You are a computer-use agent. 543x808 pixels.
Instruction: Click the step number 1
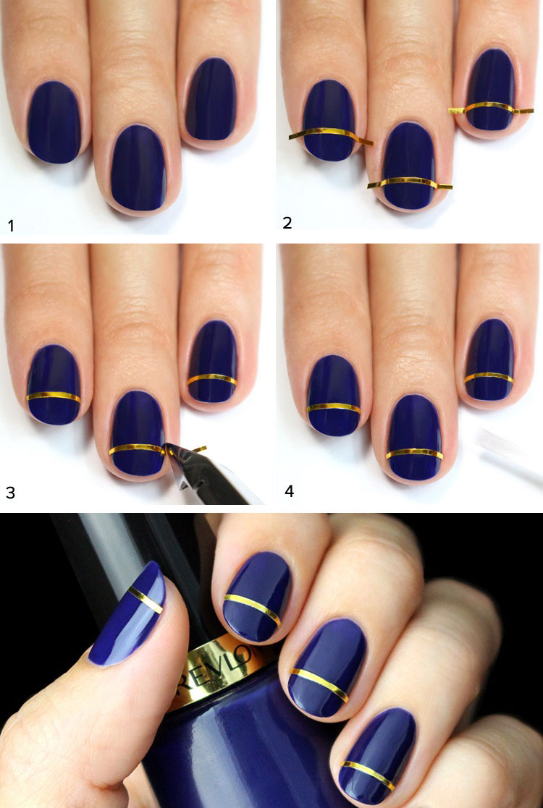click(11, 226)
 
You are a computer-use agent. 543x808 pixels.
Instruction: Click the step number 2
click(287, 223)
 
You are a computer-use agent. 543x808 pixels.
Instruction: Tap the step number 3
click(10, 493)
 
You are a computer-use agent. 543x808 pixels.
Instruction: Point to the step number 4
click(290, 491)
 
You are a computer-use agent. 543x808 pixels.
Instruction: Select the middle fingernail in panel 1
click(138, 168)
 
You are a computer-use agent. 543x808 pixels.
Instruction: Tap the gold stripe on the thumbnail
click(146, 599)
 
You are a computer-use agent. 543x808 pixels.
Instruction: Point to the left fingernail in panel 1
click(54, 122)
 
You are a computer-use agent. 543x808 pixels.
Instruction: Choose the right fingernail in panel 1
click(211, 99)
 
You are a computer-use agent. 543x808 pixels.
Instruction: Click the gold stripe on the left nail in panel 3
click(54, 397)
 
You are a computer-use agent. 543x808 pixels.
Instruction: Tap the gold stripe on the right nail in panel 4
click(489, 377)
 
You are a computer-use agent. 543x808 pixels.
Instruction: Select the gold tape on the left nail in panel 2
click(331, 135)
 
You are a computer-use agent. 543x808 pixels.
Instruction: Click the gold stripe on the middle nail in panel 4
click(414, 453)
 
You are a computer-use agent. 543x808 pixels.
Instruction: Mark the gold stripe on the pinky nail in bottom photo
click(368, 775)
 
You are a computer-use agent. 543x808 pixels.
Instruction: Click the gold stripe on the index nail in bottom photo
click(253, 609)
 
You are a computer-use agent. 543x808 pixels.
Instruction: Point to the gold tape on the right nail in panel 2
click(490, 107)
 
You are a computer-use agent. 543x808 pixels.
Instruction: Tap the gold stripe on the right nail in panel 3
click(211, 380)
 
